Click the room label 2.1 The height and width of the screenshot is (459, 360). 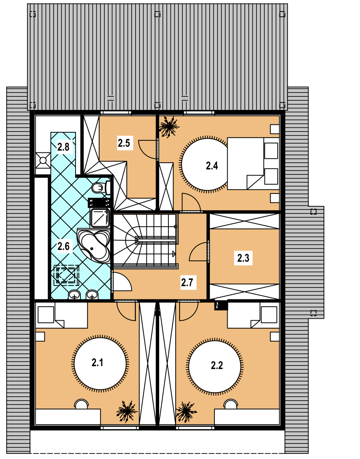pos(97,363)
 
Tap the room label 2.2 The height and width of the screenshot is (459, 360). pos(217,365)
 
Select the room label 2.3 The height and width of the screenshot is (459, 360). pos(243,258)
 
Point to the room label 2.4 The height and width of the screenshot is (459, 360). pos(212,166)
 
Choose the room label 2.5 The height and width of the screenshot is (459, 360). pos(124,143)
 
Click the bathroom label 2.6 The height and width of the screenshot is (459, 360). pos(64,246)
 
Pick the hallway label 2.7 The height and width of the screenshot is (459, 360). pos(187,283)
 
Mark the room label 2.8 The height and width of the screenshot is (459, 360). pos(63,146)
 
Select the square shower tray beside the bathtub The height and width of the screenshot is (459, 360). pos(100,218)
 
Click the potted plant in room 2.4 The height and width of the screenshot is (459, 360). pos(169,127)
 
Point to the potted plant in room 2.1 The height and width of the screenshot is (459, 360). pos(126,411)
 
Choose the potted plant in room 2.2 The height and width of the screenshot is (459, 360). pos(186,412)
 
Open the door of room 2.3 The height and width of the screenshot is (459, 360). pos(199,251)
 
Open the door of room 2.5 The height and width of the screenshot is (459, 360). pos(148,149)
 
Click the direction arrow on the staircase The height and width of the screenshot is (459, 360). pos(174,253)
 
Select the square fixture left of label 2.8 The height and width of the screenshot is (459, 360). pos(43,160)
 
